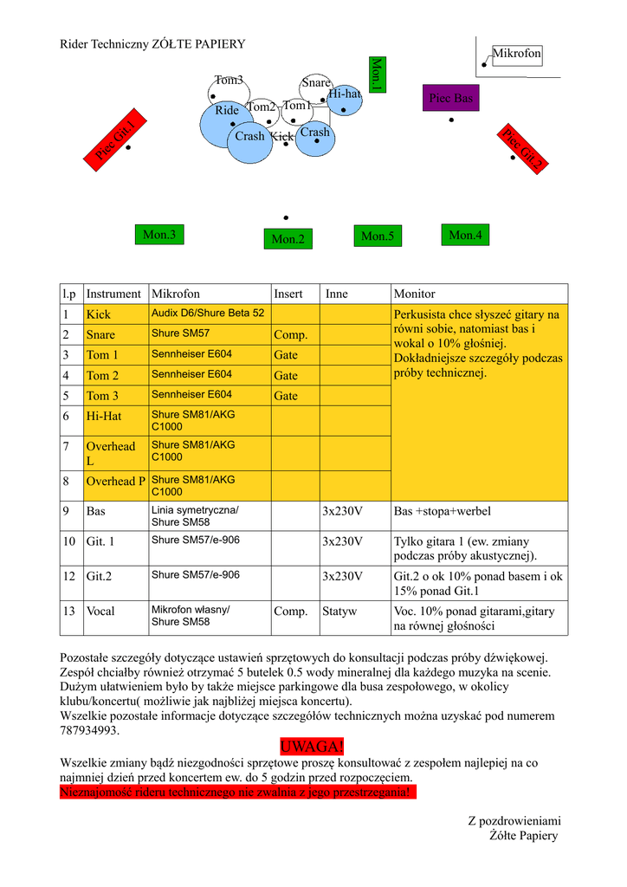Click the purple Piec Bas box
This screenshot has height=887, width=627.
pos(450,98)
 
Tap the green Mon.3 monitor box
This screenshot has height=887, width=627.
pos(159,234)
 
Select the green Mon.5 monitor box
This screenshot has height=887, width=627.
pos(378,236)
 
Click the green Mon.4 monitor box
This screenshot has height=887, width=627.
pos(465,234)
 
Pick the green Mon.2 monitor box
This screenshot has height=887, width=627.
pos(288,239)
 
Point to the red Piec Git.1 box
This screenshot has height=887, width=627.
pos(114,137)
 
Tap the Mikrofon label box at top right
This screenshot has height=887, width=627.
pos(517,54)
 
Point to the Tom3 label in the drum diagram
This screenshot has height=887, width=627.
pos(229,81)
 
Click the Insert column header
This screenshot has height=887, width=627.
pos(288,294)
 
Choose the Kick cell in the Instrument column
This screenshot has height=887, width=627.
pos(99,314)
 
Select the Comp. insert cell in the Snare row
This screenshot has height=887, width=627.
pos(291,334)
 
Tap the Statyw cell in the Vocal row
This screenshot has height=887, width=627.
pos(339,612)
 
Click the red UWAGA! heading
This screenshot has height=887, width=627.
pos(313,747)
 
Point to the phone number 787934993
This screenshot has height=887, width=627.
pos(89,730)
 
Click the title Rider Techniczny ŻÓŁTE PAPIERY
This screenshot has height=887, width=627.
pos(152,44)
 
